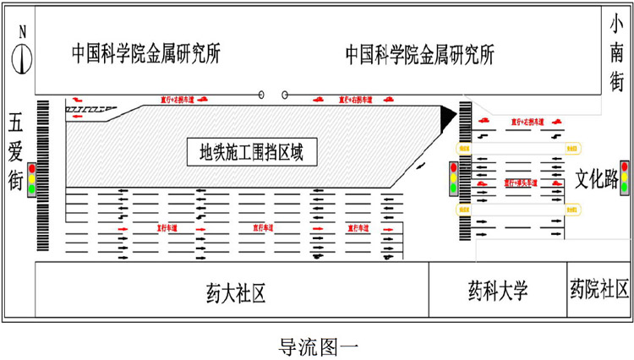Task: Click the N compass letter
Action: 23,33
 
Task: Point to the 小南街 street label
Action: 617,54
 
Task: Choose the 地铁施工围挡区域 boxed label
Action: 250,153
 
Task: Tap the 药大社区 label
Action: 236,292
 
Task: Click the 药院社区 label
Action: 599,292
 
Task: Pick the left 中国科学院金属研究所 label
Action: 145,54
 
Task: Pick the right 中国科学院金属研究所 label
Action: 419,54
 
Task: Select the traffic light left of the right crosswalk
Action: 452,178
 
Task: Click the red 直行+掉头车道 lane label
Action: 522,181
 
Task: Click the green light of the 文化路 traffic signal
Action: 625,188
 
